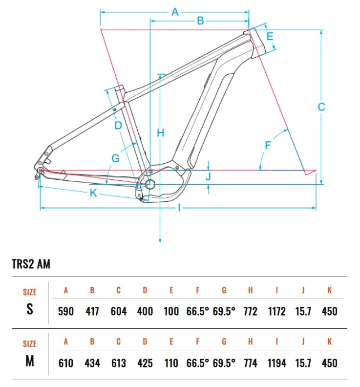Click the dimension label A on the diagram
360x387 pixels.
[175, 12]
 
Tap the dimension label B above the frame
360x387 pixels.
[201, 21]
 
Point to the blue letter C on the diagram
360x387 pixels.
[321, 107]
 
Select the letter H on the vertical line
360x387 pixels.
[160, 133]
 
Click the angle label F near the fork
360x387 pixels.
[268, 145]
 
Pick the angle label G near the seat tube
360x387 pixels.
[115, 158]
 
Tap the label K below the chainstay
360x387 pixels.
[93, 193]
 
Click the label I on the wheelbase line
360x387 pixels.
[179, 208]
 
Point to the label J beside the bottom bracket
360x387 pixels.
[208, 176]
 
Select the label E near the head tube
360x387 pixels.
[270, 37]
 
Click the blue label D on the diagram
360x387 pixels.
[118, 126]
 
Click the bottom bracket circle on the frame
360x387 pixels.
[150, 184]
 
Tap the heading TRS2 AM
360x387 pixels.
[31, 264]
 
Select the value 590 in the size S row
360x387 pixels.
[66, 311]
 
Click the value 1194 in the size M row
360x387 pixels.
[277, 363]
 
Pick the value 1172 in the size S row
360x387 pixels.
[277, 311]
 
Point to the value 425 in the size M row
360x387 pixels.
[145, 363]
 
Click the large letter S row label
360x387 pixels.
[30, 309]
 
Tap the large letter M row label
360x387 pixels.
[30, 361]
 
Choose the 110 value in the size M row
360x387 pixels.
[171, 363]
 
